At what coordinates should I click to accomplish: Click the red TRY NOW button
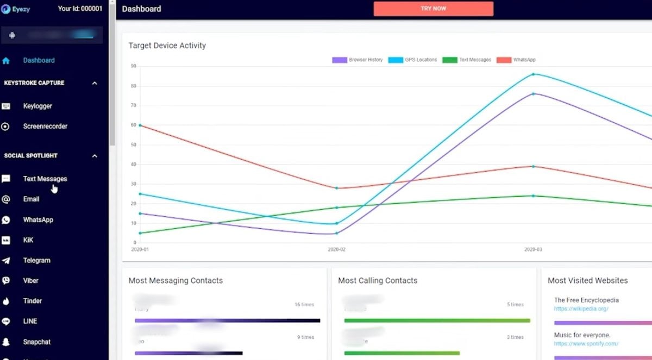(433, 9)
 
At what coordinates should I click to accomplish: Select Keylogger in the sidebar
(37, 106)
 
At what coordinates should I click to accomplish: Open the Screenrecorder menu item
(45, 126)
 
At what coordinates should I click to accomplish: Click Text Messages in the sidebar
(45, 179)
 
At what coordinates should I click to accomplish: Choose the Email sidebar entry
(31, 199)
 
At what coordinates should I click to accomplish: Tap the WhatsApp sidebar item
(38, 220)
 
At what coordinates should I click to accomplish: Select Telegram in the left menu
(36, 261)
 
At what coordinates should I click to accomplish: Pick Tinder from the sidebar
(33, 301)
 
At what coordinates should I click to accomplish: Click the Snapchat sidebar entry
(37, 342)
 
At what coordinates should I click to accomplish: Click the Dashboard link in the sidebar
(39, 60)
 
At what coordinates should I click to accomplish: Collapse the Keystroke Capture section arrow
(95, 83)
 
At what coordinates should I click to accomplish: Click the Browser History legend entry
(358, 60)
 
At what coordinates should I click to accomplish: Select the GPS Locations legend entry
(413, 60)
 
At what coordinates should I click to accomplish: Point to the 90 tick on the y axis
(133, 66)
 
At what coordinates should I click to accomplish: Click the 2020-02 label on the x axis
(336, 249)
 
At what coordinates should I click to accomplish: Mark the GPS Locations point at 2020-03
(533, 74)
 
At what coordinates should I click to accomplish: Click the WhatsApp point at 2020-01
(140, 125)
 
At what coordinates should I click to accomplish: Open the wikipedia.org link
(581, 309)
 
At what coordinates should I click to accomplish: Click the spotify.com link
(586, 344)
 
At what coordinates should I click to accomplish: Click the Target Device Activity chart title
(167, 46)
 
